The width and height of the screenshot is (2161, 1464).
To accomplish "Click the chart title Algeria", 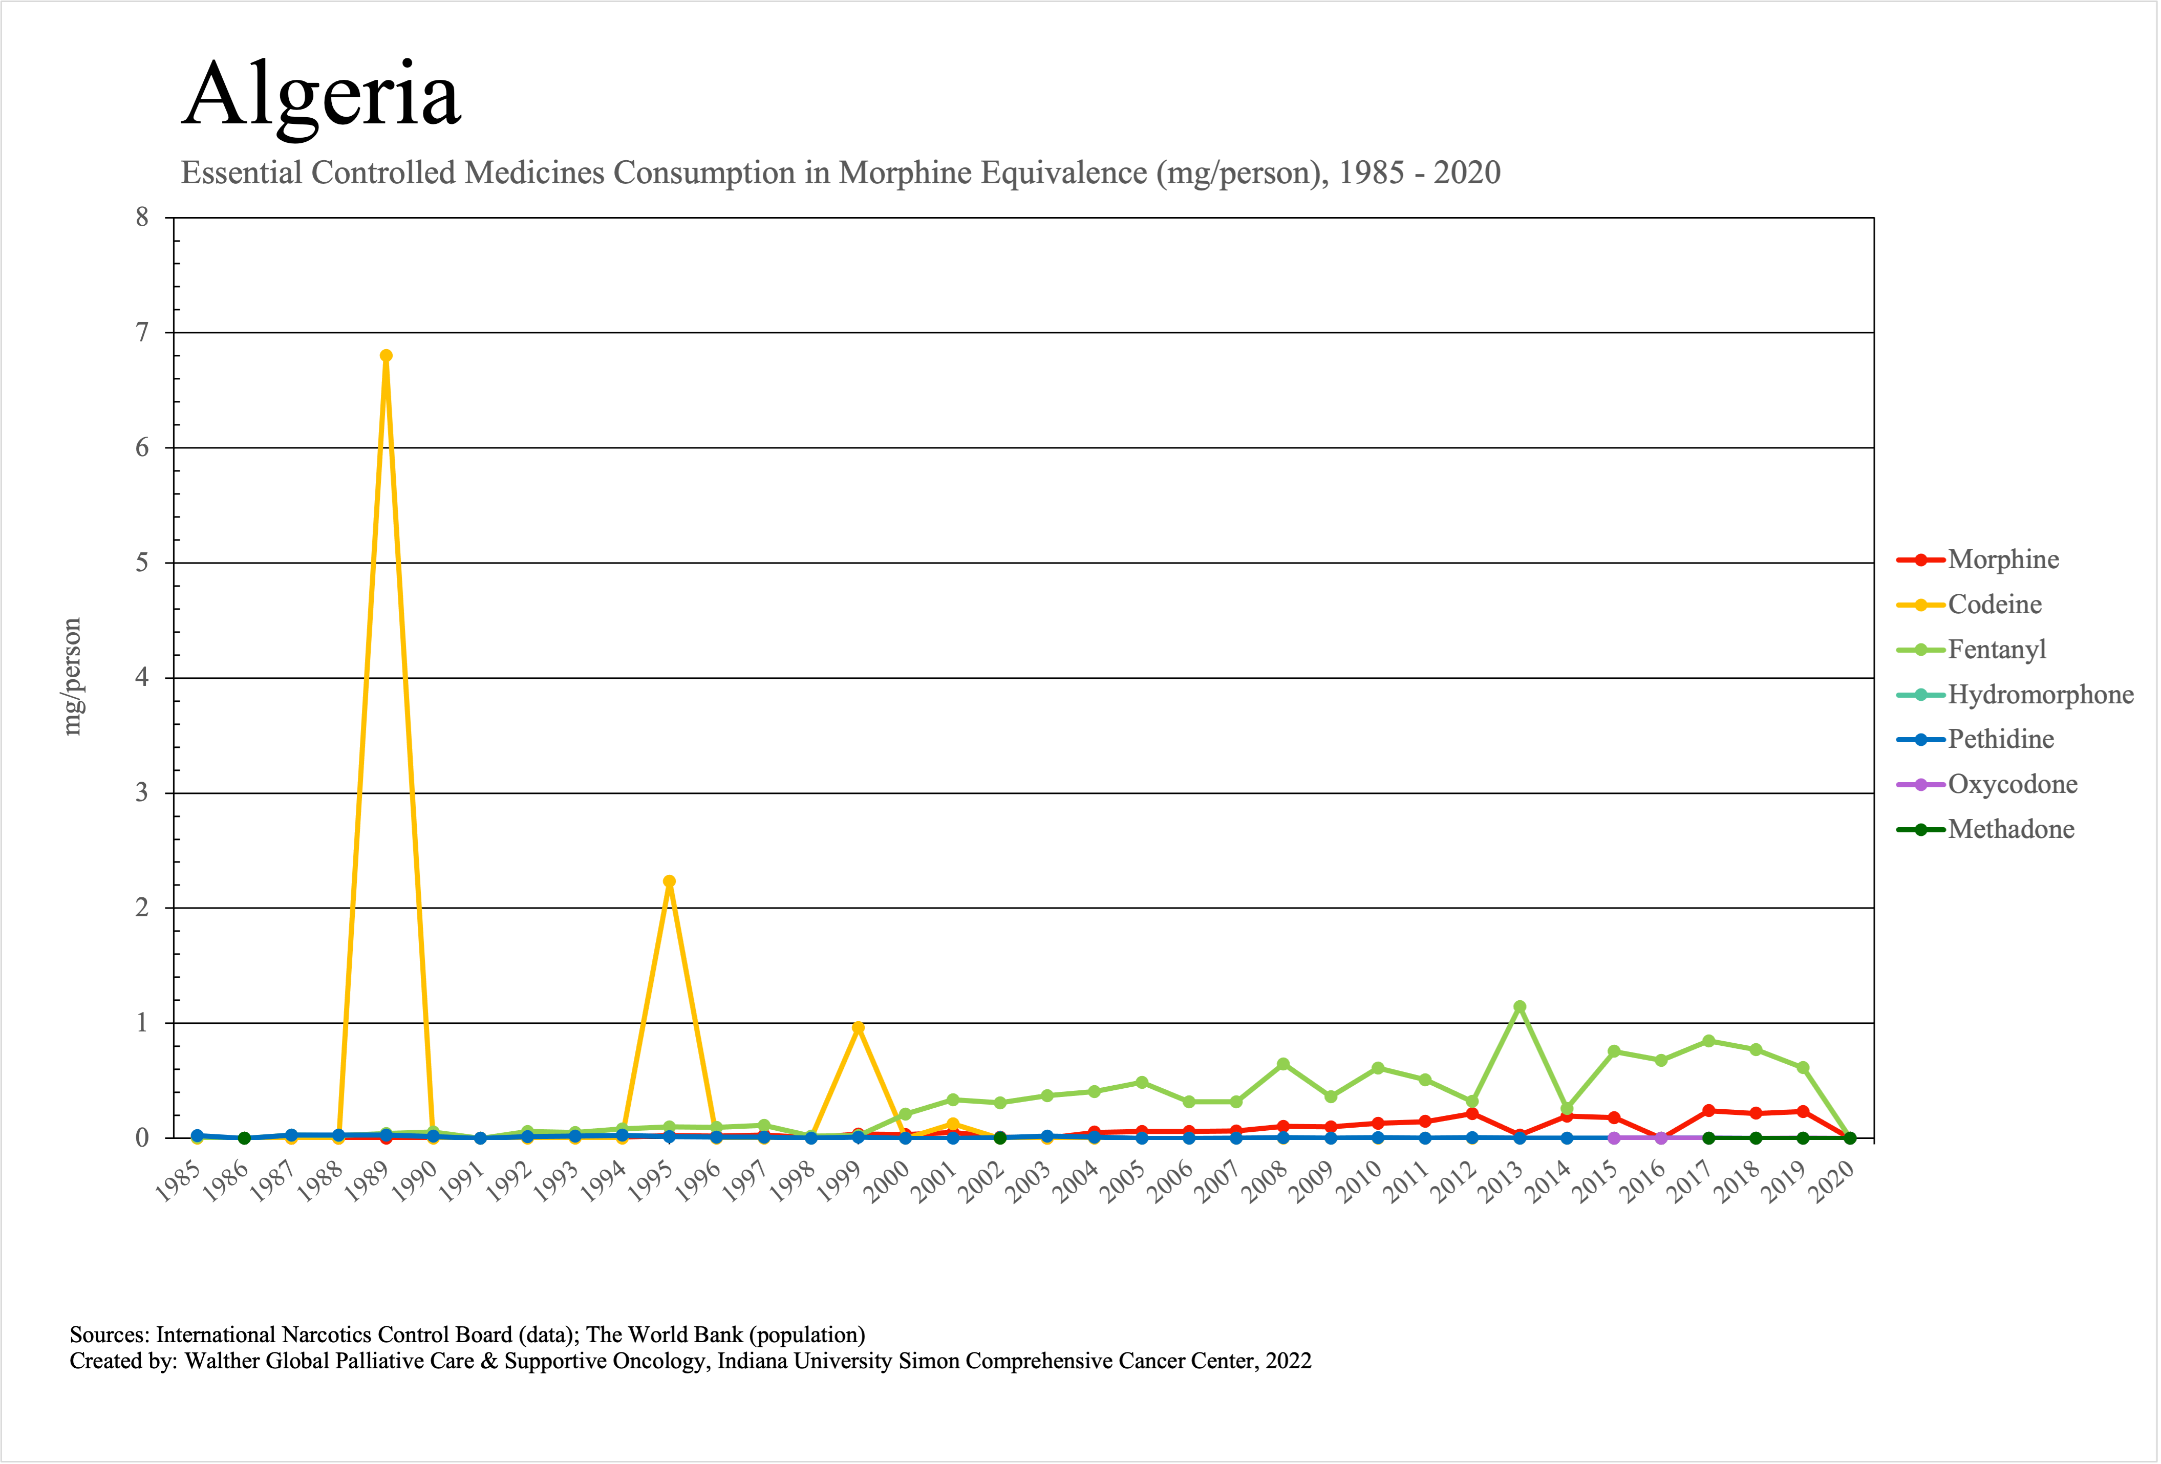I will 321,95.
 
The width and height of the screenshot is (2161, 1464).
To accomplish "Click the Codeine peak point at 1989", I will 386,356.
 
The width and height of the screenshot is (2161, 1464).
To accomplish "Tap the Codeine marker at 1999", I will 858,1028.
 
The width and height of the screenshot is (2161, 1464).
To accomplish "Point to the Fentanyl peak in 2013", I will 1520,1007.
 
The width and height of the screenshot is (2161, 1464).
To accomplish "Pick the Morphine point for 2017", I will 1708,1111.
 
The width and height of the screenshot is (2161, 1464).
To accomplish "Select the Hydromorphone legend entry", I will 2040,694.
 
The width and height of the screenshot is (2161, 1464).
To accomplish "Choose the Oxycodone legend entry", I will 2012,785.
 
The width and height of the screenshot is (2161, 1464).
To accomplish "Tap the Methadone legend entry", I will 2010,829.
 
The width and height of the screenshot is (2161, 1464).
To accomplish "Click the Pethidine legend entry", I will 2000,739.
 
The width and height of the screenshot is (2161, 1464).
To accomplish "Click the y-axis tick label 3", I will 142,793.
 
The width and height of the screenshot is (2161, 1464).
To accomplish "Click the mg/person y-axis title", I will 72,677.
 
